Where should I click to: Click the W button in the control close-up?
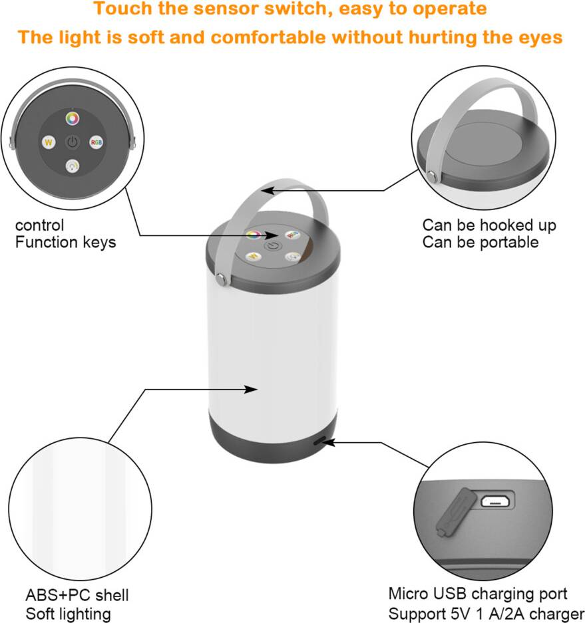point(49,142)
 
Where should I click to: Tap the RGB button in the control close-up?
point(97,142)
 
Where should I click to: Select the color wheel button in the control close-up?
point(73,118)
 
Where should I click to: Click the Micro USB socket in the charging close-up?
point(495,501)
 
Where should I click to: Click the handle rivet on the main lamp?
point(222,279)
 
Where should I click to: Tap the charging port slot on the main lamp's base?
point(319,441)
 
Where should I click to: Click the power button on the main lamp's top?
point(272,246)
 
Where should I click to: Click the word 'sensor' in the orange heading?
point(224,9)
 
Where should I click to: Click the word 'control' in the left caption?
point(39,225)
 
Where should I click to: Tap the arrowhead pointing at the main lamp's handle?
point(268,190)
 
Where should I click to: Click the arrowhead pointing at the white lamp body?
point(250,390)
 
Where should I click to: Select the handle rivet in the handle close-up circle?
point(431,176)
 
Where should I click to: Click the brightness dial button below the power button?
point(73,166)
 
